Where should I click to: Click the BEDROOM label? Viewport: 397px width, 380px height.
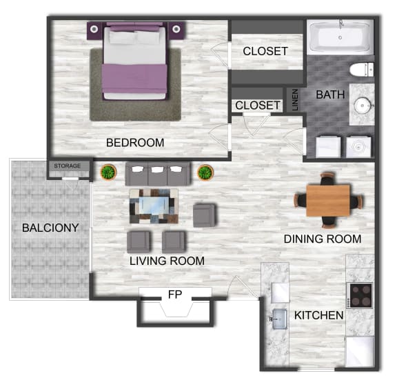tap(135, 143)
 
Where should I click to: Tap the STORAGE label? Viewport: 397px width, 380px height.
tap(68, 166)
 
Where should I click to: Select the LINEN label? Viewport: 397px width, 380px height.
tap(295, 99)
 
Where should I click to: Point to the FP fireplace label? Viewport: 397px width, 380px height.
tap(175, 294)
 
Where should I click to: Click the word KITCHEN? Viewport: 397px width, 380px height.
tap(318, 315)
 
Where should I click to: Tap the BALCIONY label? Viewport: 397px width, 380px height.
tap(50, 228)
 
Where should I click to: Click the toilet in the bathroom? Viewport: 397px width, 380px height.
tap(362, 70)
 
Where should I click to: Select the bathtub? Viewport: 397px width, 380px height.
tap(340, 37)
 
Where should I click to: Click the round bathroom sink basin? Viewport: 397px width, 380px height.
tap(363, 106)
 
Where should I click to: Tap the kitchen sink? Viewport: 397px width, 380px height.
tap(280, 319)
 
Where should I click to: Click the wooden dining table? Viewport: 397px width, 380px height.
tap(328, 201)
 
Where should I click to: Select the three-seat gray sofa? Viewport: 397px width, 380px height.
tap(157, 174)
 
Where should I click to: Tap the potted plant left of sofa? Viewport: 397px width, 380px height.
tap(108, 172)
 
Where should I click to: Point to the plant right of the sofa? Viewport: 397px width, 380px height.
tap(205, 172)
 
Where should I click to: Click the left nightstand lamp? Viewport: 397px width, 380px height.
tap(94, 29)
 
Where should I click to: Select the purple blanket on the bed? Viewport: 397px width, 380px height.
tap(134, 79)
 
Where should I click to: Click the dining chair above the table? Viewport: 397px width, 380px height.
tap(327, 179)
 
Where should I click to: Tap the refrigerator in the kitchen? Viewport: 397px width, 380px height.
tap(360, 352)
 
